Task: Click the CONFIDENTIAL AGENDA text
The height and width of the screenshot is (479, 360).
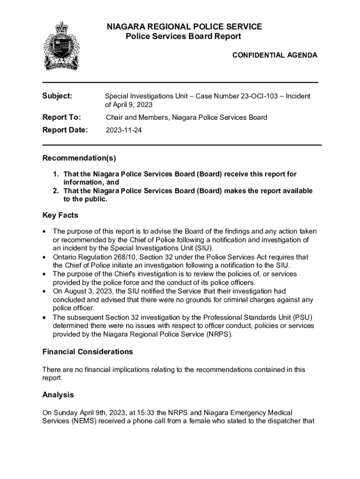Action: click(x=275, y=55)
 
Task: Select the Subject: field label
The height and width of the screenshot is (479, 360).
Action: click(x=58, y=96)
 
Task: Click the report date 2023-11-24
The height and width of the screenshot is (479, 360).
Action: click(x=123, y=131)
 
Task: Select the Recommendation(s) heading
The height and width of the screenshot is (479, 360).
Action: click(x=79, y=158)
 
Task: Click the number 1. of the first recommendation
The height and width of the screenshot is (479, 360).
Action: click(x=56, y=174)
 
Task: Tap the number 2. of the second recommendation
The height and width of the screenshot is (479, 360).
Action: click(x=56, y=191)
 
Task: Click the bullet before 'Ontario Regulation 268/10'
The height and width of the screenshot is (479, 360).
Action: click(x=44, y=257)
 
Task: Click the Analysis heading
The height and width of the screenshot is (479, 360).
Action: click(x=58, y=395)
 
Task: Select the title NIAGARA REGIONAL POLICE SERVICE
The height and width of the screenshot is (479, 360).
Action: click(x=184, y=27)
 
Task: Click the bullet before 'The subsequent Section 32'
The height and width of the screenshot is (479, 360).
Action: click(x=44, y=317)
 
